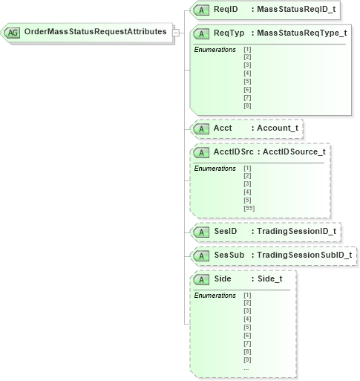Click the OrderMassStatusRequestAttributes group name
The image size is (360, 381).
[x=95, y=33]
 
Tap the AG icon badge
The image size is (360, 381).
[x=13, y=33]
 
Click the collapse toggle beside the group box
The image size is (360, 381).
[x=175, y=33]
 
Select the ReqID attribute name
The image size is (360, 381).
[x=226, y=10]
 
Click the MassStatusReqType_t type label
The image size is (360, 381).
[x=299, y=33]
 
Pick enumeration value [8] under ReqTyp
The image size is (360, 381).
[x=247, y=105]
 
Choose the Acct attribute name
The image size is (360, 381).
[x=223, y=128]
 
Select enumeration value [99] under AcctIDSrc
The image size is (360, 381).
[x=249, y=208]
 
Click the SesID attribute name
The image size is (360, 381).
[x=225, y=232]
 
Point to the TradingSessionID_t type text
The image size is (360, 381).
[x=294, y=232]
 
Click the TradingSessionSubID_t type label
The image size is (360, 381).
[x=302, y=255]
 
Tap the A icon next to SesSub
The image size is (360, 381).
[x=200, y=255]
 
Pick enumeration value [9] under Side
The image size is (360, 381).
[x=247, y=360]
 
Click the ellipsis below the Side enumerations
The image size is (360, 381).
[x=246, y=368]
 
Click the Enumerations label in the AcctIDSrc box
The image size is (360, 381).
[x=215, y=169]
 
